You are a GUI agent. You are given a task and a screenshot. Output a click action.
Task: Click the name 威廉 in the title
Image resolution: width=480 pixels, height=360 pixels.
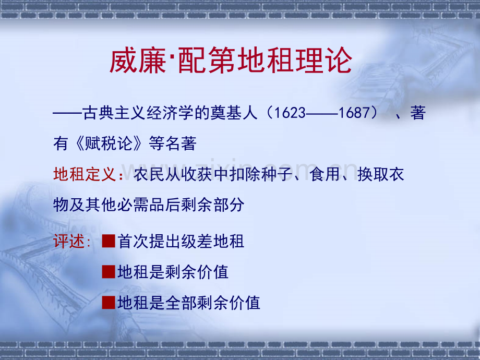138,61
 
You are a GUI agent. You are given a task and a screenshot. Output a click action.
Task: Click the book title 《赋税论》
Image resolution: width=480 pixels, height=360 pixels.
109,143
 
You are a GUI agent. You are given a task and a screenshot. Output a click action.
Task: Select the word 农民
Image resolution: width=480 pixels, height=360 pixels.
149,174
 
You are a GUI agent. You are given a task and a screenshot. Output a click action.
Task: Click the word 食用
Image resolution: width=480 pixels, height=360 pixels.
325,174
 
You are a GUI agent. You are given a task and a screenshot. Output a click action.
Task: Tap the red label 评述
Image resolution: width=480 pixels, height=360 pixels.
69,241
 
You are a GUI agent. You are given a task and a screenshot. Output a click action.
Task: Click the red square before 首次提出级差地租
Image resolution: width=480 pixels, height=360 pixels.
109,241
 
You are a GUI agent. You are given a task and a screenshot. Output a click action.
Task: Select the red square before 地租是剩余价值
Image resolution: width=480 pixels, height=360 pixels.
109,272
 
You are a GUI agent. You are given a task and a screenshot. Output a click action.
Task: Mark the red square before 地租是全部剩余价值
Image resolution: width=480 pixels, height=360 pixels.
109,303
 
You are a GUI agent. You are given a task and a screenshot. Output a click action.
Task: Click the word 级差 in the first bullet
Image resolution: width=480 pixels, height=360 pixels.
197,241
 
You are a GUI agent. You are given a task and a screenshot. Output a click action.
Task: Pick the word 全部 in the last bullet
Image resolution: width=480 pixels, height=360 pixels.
181,303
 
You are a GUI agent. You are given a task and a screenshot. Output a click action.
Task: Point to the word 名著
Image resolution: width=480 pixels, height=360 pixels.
181,143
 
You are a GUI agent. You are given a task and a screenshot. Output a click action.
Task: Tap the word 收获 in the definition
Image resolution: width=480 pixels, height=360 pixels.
197,174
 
